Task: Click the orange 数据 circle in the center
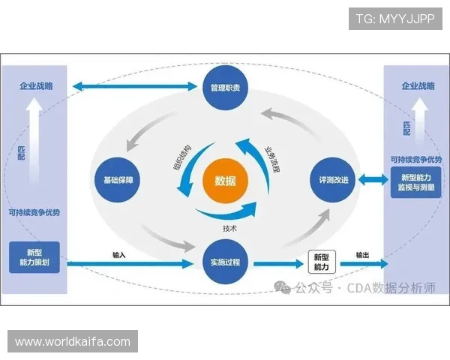[225, 181]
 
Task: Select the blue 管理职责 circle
[225, 88]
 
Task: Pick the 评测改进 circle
[331, 180]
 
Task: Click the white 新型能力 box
[321, 262]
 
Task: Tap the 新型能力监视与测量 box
[415, 184]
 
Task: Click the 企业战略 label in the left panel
[36, 86]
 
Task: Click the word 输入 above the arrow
[118, 255]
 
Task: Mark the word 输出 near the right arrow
[362, 255]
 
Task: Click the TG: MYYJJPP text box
[395, 18]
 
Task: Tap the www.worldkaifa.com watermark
[72, 342]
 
